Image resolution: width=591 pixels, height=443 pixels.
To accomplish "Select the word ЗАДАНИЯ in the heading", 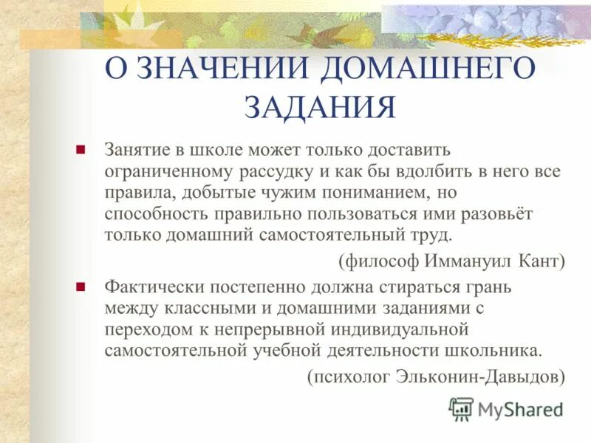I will click(320, 108).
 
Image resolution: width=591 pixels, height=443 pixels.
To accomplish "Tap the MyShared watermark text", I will click(519, 410).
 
